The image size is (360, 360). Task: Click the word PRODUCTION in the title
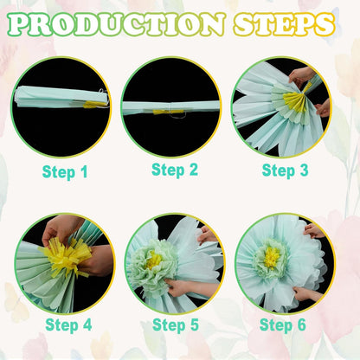click(x=116, y=24)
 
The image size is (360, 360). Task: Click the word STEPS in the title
click(x=284, y=24)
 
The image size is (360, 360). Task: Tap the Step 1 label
click(x=65, y=172)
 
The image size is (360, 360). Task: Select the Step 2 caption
click(x=175, y=170)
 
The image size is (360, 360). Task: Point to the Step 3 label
click(x=285, y=170)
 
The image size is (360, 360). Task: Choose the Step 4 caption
click(x=68, y=325)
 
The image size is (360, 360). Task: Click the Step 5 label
click(x=176, y=325)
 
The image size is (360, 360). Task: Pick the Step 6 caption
click(x=283, y=325)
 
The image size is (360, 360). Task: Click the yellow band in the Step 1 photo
click(x=94, y=104)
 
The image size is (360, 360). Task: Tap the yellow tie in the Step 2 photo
click(x=168, y=112)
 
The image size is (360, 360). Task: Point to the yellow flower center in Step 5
click(x=154, y=260)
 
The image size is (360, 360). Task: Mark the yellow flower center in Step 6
click(x=272, y=257)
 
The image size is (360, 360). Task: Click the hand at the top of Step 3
click(x=300, y=76)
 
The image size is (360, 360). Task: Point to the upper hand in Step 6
click(x=313, y=231)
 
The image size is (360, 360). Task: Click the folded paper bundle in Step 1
click(x=61, y=97)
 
